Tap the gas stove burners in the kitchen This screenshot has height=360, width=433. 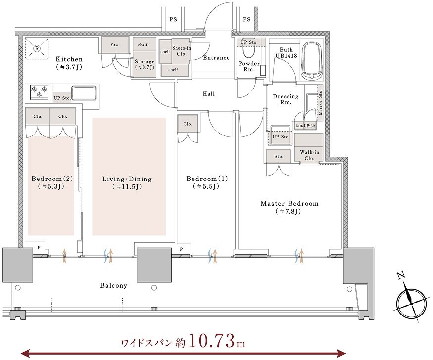pyautogui.click(x=39, y=92)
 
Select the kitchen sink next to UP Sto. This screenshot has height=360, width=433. pyautogui.click(x=84, y=93)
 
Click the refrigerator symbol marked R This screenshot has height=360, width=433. pyautogui.click(x=37, y=48)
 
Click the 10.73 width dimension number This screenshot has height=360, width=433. pyautogui.click(x=212, y=342)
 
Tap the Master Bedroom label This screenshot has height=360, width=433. pyautogui.click(x=289, y=204)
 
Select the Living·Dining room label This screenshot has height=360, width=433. pyautogui.click(x=127, y=179)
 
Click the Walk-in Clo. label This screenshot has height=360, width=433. pyautogui.click(x=310, y=155)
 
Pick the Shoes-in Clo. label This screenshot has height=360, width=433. pyautogui.click(x=182, y=51)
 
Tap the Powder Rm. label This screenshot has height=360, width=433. pyautogui.click(x=249, y=66)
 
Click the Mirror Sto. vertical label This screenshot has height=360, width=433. pyautogui.click(x=320, y=102)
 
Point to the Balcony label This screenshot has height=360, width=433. pyautogui.click(x=113, y=285)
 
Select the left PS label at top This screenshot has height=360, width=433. pyautogui.click(x=173, y=20)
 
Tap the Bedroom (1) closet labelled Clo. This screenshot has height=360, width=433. pyautogui.click(x=188, y=124)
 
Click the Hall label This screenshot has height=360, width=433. pyautogui.click(x=208, y=94)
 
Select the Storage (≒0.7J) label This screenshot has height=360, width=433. pyautogui.click(x=144, y=65)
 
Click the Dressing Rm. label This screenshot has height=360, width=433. pyautogui.click(x=286, y=99)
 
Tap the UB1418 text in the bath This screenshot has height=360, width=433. pyautogui.click(x=286, y=56)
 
